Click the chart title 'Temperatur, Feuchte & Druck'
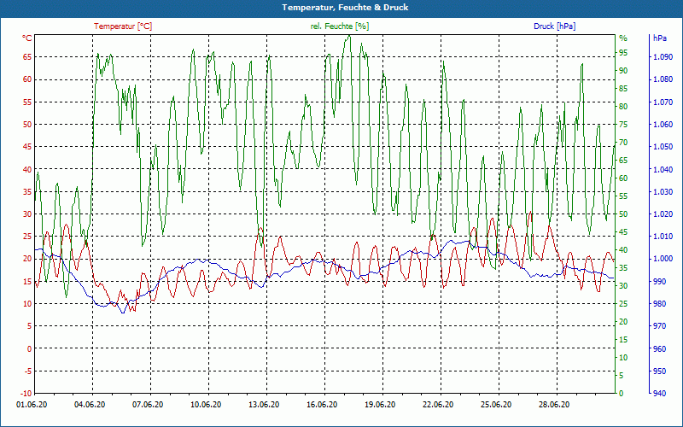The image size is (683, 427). click(x=341, y=8)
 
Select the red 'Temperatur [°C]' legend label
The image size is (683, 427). click(x=123, y=26)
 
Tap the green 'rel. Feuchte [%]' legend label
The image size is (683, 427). click(x=340, y=26)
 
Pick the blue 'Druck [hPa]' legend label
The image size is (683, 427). click(x=554, y=26)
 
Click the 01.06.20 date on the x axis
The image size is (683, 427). click(x=32, y=405)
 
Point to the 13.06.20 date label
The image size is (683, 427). click(x=264, y=405)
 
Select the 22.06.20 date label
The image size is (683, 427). click(x=438, y=405)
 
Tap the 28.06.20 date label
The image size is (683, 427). click(x=554, y=405)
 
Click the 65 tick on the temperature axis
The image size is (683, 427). click(x=27, y=57)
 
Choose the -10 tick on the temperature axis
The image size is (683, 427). click(x=26, y=393)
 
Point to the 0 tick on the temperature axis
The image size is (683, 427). click(x=29, y=348)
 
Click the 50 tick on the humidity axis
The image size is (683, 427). click(x=623, y=214)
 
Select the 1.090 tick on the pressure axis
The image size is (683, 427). click(x=662, y=57)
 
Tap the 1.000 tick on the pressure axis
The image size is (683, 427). click(x=662, y=259)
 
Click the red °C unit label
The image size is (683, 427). click(x=27, y=38)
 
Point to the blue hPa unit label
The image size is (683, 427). click(x=660, y=38)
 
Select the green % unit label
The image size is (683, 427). click(x=622, y=38)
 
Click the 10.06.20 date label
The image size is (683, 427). click(x=206, y=405)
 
